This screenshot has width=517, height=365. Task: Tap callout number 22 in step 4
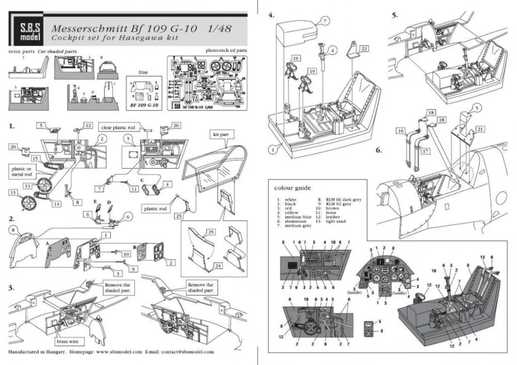click(364, 48)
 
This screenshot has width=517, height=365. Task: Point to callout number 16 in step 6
click(401, 132)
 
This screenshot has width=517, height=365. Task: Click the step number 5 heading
click(394, 16)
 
